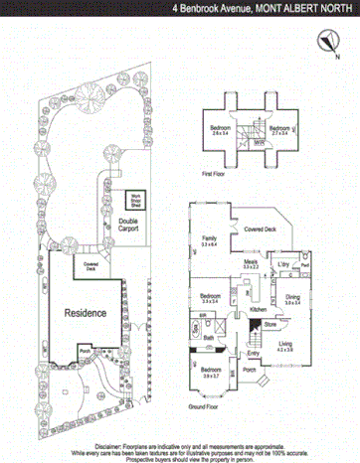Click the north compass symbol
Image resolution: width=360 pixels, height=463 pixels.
(326, 39)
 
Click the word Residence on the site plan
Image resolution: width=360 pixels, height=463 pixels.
(86, 312)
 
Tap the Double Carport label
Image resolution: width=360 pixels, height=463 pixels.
(127, 224)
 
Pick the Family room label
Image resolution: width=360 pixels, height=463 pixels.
(209, 241)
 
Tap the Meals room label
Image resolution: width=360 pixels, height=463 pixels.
(251, 263)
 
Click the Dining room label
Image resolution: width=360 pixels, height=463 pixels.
(292, 298)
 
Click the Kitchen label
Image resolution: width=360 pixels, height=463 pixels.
(259, 311)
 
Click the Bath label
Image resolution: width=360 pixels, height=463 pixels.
(209, 338)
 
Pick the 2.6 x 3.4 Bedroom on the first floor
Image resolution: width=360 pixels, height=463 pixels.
(220, 130)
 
